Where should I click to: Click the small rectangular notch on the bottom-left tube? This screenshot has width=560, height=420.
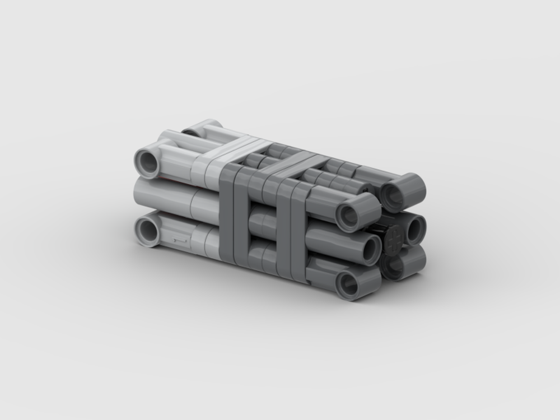[178, 240]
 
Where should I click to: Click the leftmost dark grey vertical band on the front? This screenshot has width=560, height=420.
[228, 213]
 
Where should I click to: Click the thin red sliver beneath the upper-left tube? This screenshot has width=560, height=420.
[168, 179]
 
